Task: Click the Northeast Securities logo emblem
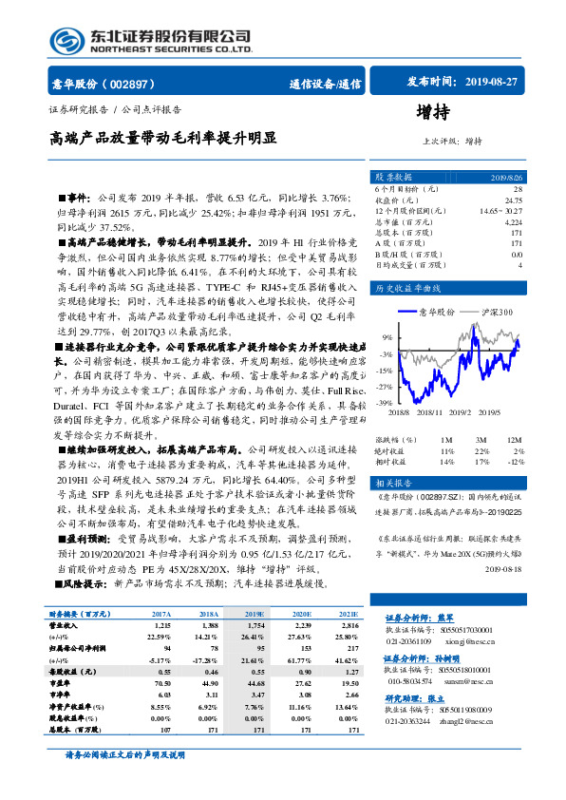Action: [x=65, y=39]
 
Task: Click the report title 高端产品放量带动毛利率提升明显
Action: [x=163, y=138]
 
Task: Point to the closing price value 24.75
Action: [x=513, y=200]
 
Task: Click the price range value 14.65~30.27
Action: [x=500, y=211]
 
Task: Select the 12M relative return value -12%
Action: [x=514, y=461]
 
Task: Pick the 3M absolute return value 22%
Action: [x=481, y=450]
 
